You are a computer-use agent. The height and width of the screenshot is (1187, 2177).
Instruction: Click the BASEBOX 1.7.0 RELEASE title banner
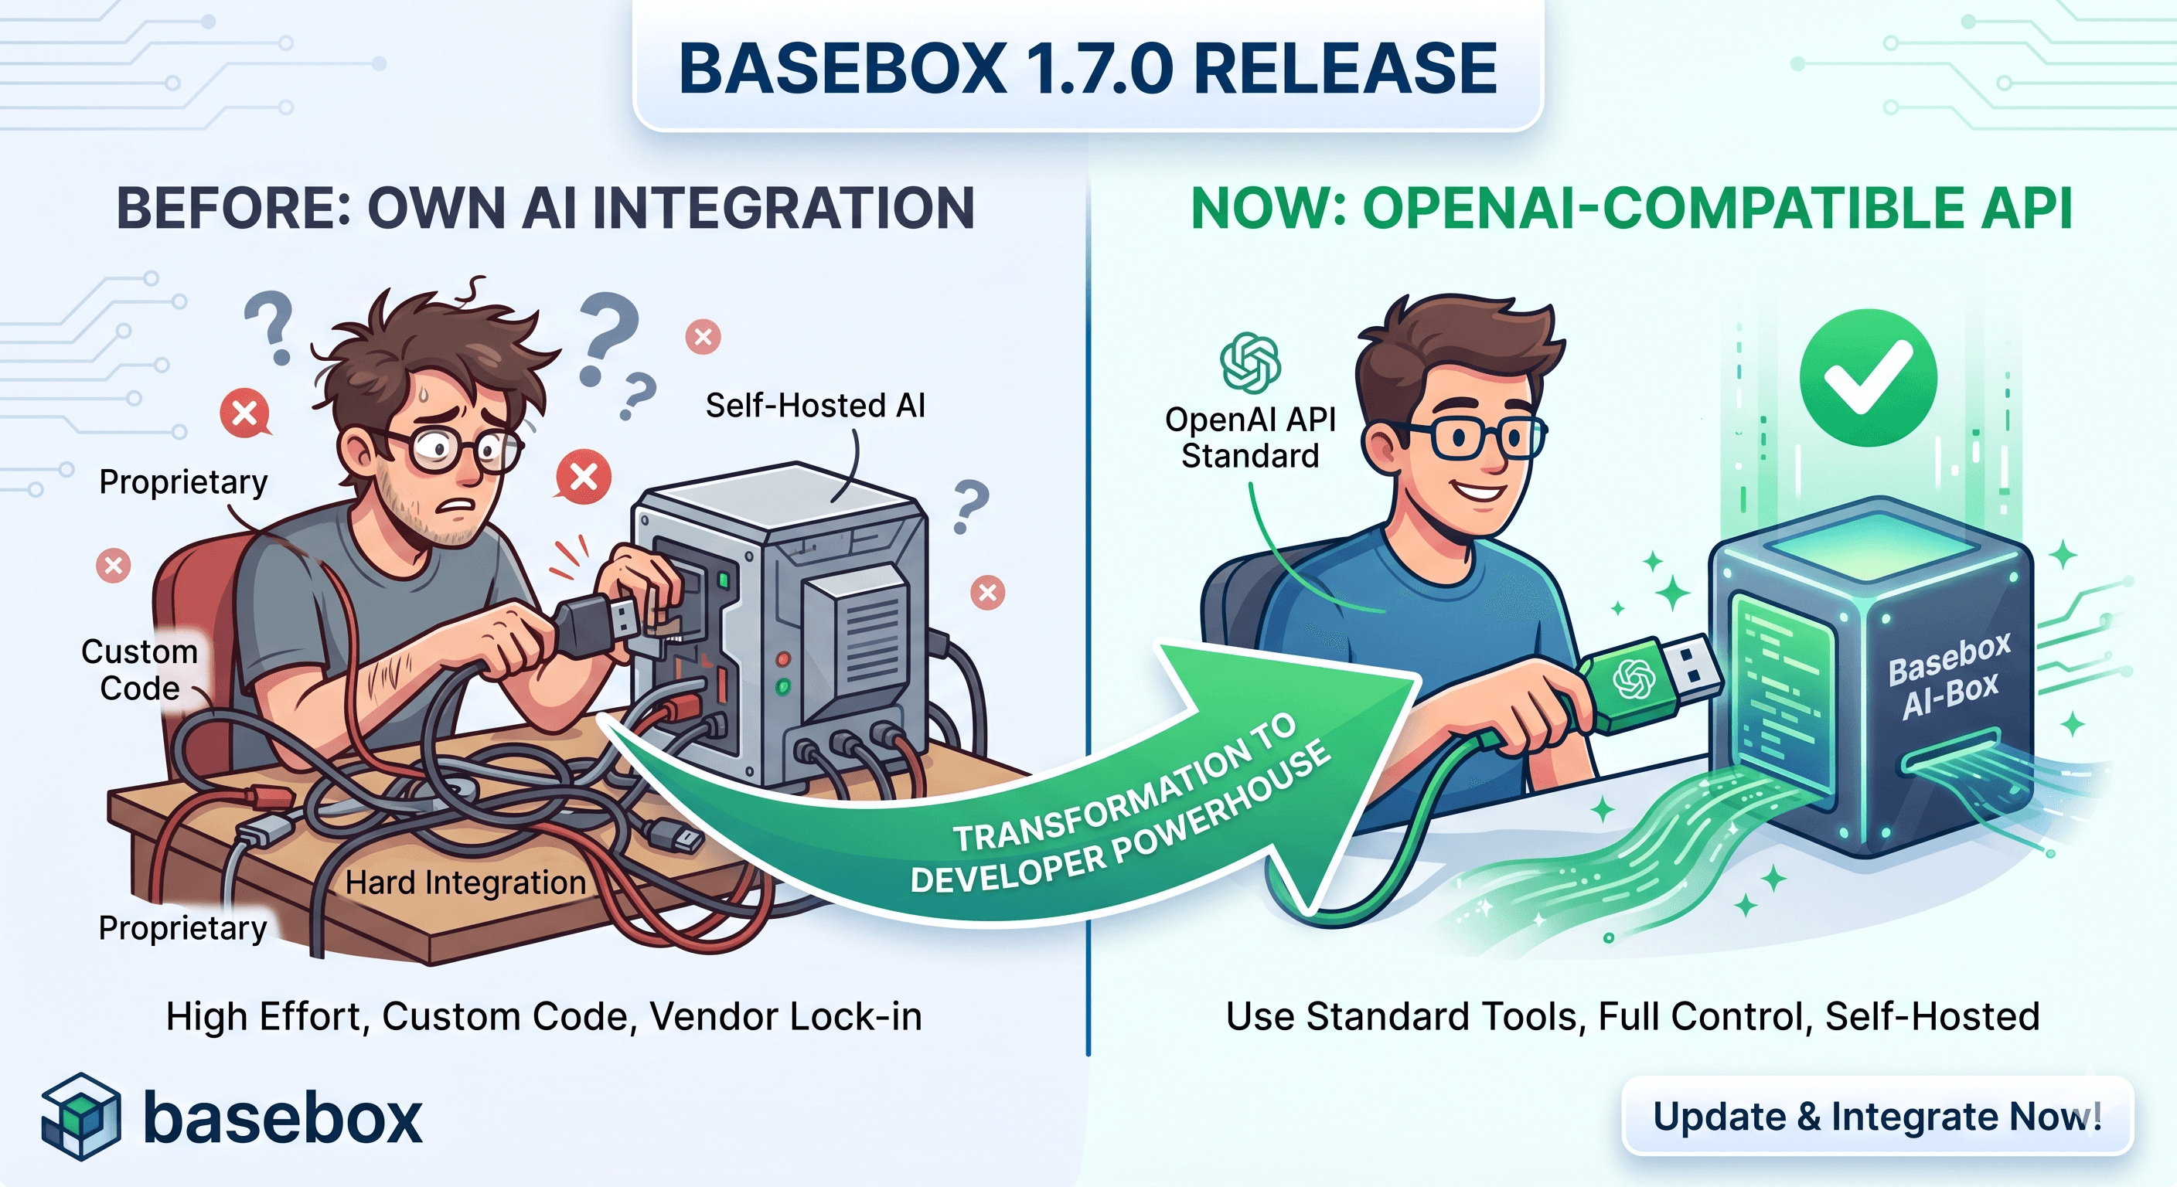1088,67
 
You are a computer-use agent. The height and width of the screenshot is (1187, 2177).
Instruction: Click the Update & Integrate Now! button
1877,1116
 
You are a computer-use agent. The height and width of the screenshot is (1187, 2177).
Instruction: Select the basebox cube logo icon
80,1116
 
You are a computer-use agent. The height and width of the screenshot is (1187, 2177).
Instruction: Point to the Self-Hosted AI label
815,406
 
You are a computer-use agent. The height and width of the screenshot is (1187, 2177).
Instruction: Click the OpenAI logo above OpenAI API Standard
1250,363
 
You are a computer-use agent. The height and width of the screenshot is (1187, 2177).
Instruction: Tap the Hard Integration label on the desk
465,883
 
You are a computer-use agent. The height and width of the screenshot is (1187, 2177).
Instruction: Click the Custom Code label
139,670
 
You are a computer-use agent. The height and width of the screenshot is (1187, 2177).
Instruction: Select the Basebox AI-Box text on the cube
1948,676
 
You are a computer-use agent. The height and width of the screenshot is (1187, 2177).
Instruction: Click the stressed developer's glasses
448,447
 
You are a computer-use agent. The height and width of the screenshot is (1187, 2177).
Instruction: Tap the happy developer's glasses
1470,437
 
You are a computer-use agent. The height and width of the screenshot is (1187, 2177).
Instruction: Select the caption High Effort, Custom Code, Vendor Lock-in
543,1016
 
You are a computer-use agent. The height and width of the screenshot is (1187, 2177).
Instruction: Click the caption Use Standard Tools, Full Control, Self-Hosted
1632,1016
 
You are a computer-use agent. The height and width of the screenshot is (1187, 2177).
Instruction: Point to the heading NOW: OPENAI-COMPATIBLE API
1631,208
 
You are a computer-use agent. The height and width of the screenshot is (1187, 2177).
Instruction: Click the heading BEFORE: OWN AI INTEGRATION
545,208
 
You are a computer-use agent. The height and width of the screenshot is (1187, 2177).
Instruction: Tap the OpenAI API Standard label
1250,437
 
